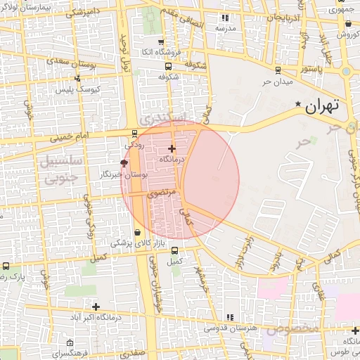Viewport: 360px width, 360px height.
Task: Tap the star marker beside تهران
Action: coord(299,105)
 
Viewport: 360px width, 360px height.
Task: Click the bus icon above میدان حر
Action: coord(278,70)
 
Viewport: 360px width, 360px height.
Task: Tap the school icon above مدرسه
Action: coord(224,18)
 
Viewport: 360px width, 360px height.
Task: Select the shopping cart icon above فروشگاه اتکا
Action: coord(161,41)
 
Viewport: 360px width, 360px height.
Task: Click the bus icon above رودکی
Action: coord(134,134)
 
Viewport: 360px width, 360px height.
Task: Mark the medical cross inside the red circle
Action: coord(172,148)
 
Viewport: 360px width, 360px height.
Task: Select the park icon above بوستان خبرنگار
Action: coord(124,163)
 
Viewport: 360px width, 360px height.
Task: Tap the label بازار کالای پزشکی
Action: coord(136,243)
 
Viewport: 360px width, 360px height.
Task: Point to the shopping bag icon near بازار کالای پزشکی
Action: coord(136,232)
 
